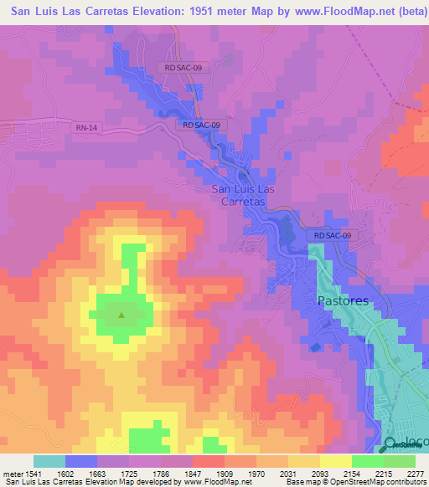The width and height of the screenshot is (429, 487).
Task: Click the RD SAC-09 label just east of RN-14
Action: [x=202, y=125]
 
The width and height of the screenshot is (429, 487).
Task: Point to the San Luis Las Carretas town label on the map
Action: [x=242, y=195]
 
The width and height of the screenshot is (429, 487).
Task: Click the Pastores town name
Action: [x=343, y=300]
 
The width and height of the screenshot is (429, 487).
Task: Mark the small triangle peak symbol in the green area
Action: [x=122, y=315]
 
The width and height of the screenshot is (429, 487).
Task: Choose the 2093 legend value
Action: [x=318, y=473]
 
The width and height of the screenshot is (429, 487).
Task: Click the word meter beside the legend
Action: [x=13, y=473]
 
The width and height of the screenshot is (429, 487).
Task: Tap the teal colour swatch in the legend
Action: [x=49, y=461]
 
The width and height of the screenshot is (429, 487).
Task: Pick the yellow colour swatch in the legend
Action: [x=335, y=461]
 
